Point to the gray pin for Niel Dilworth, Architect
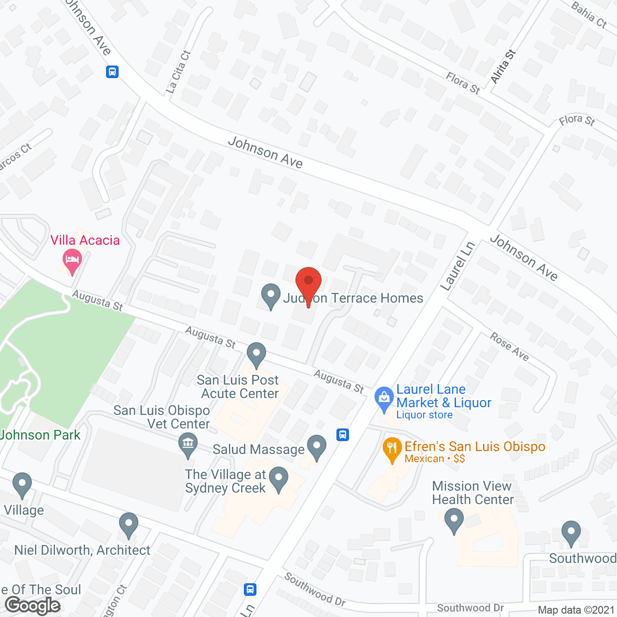point(129,524)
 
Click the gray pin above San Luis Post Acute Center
point(256,354)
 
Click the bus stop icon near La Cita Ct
point(112,72)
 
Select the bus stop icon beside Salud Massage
point(343,435)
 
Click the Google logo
point(33,605)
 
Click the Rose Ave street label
point(510,347)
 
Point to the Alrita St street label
point(503,67)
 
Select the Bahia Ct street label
point(589,15)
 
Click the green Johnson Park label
point(40,435)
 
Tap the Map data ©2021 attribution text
point(576,610)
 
